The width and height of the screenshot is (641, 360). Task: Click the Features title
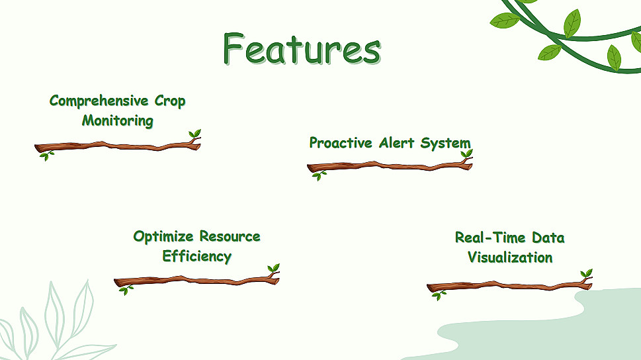click(x=302, y=48)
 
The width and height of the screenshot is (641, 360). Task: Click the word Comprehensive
click(x=99, y=101)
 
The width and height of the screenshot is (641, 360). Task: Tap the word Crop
click(x=170, y=101)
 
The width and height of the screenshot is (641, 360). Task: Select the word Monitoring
click(x=118, y=120)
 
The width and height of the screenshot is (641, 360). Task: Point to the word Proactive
click(x=341, y=143)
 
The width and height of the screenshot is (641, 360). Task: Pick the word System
click(x=446, y=144)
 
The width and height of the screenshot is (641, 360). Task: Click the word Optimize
click(x=163, y=236)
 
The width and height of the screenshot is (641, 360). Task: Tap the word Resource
click(x=230, y=236)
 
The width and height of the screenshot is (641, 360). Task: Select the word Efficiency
click(x=197, y=257)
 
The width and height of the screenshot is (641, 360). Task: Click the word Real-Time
click(x=490, y=238)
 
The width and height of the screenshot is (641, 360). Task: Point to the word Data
click(x=548, y=238)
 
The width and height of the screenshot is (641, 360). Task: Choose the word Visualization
click(x=510, y=257)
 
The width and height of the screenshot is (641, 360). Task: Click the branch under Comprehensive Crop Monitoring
click(x=118, y=146)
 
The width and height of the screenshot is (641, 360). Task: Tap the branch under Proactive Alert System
click(x=390, y=166)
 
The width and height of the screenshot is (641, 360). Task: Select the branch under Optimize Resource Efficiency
click(x=197, y=280)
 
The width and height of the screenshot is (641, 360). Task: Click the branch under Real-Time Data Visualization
click(x=510, y=285)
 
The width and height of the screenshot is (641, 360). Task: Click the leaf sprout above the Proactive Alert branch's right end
click(x=466, y=154)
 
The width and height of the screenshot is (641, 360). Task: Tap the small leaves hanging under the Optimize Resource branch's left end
click(x=126, y=290)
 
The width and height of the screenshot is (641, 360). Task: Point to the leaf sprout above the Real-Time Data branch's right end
click(x=586, y=273)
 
